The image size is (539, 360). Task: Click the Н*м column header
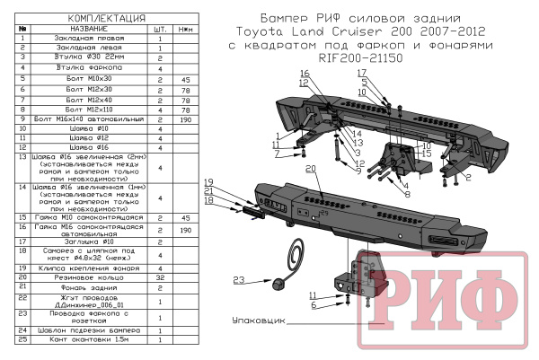(x=186, y=29)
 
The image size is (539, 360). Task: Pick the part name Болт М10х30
(x=84, y=79)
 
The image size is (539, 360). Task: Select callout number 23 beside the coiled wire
(x=240, y=281)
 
